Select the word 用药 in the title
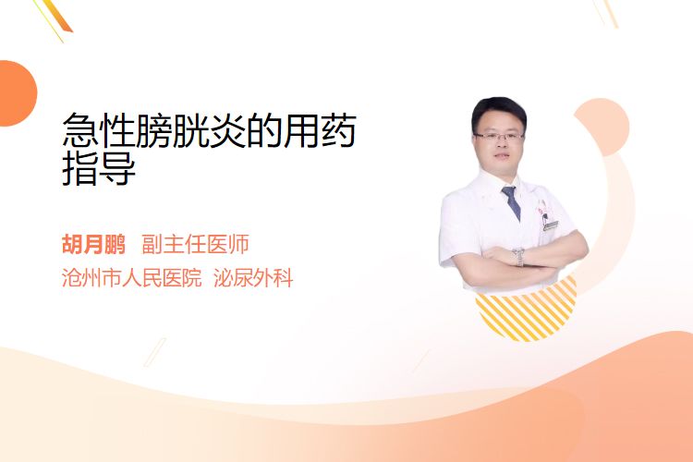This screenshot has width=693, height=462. point(319,129)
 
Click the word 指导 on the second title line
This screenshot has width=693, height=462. point(99,168)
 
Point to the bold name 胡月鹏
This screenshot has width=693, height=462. point(93,244)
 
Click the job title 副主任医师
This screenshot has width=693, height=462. point(195,244)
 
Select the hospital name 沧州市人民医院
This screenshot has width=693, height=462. point(132,278)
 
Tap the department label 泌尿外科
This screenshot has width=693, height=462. point(253,278)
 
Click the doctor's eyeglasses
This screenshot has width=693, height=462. point(499,136)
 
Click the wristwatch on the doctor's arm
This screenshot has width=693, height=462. point(519,257)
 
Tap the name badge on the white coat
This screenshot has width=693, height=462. point(551,225)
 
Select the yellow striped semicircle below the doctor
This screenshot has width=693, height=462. point(527,310)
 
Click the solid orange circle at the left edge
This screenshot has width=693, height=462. point(17,93)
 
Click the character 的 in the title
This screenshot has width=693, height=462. point(264,129)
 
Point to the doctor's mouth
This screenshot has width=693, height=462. point(502,155)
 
